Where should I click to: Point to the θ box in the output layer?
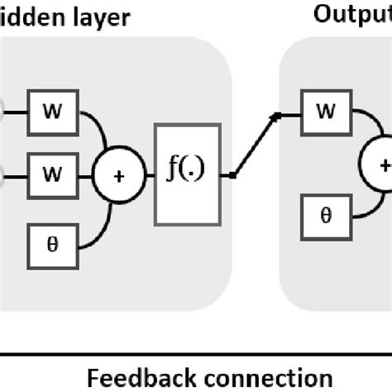click(326, 216)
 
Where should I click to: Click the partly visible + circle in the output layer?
click(382, 166)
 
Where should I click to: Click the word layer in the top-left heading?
click(98, 16)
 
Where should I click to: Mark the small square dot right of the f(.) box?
click(234, 175)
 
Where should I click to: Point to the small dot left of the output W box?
click(277, 116)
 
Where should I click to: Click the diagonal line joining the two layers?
click(256, 146)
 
